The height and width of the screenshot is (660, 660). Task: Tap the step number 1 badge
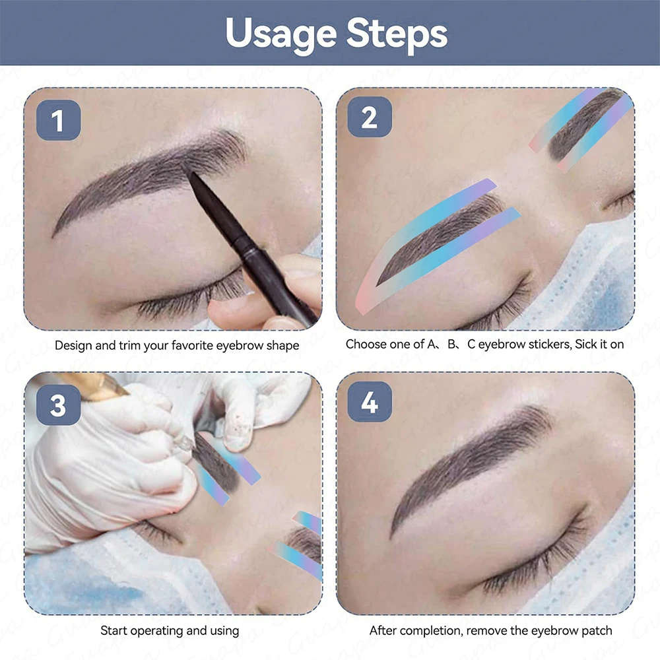coord(58,120)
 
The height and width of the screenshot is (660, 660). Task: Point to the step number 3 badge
coord(58,403)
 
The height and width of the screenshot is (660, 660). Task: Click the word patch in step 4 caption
coord(597,631)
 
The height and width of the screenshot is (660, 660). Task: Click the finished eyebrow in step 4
coord(469,462)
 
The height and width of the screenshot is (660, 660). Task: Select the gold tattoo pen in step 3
coord(92,386)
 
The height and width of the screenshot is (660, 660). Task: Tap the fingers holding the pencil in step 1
coord(277,297)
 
